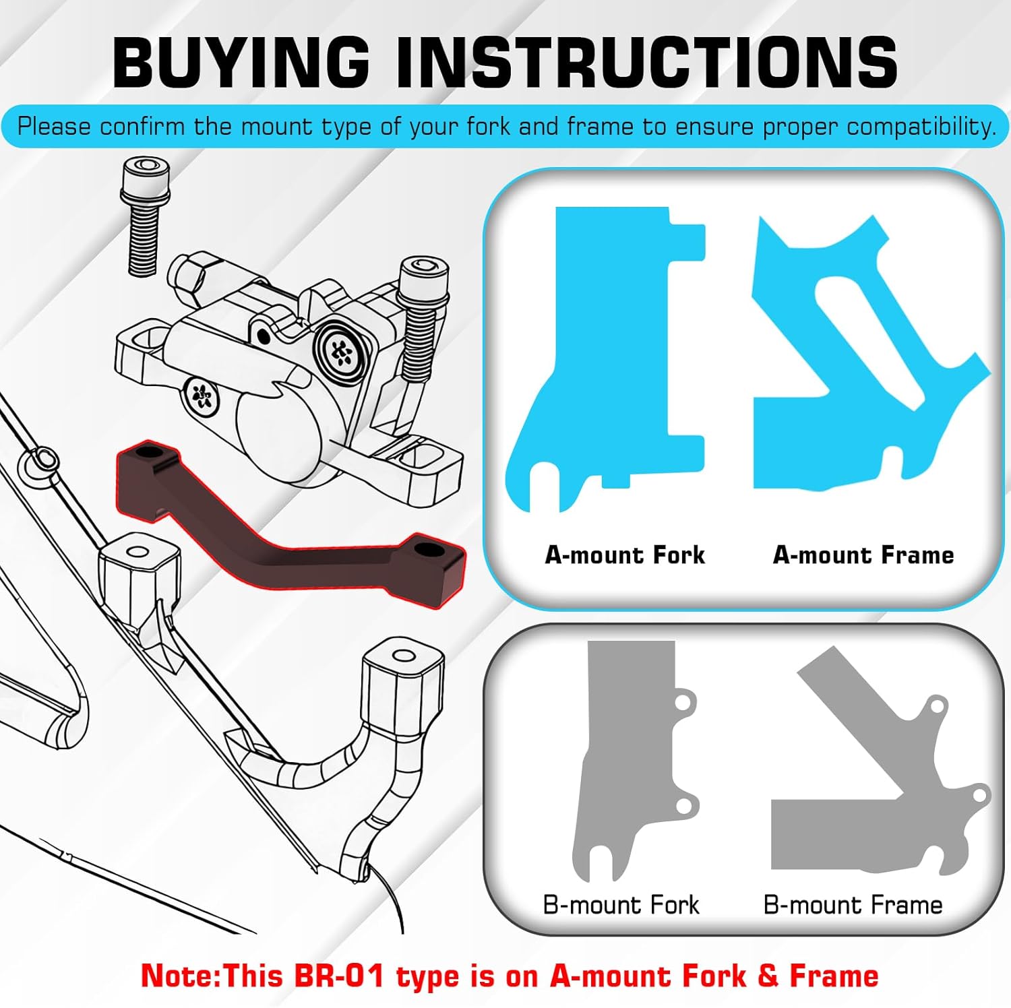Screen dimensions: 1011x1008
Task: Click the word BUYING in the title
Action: pos(241,62)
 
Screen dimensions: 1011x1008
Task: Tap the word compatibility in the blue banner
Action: pos(921,127)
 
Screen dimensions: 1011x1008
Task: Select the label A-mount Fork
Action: pos(625,555)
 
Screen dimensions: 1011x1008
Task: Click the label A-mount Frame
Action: pos(863,555)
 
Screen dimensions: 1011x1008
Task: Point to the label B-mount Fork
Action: pos(621,904)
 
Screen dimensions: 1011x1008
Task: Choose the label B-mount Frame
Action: pos(853,904)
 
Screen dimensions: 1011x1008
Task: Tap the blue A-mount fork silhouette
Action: pos(607,350)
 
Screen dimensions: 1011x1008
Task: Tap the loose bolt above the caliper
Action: pos(144,216)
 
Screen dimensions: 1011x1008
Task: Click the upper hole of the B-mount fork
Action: pos(682,703)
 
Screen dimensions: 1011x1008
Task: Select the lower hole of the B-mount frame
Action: pos(979,796)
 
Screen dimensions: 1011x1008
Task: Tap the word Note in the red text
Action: pos(178,976)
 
